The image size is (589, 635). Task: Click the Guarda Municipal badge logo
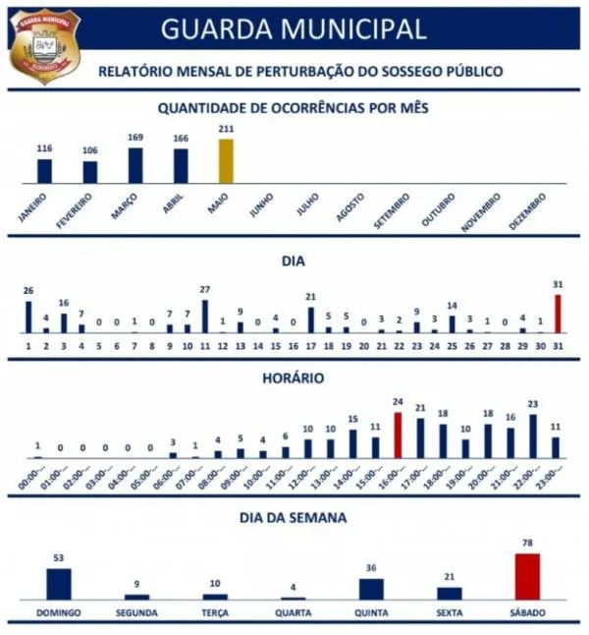click(x=44, y=46)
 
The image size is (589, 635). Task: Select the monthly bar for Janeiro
click(x=44, y=171)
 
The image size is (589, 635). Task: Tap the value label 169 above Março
click(x=135, y=138)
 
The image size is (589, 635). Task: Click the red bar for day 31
click(x=558, y=314)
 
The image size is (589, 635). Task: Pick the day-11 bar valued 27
click(x=205, y=317)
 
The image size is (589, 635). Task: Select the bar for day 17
click(x=311, y=319)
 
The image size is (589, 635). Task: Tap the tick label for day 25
click(x=452, y=346)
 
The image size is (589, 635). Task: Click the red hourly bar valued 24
click(x=398, y=435)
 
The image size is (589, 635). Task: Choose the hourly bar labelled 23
click(x=533, y=436)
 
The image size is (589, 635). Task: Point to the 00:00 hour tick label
click(x=37, y=479)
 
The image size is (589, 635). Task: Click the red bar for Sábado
click(x=527, y=576)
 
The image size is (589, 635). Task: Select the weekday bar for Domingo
click(x=59, y=584)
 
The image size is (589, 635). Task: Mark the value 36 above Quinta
click(x=371, y=568)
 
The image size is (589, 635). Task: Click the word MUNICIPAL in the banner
click(x=355, y=29)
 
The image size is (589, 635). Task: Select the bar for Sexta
click(x=449, y=593)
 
